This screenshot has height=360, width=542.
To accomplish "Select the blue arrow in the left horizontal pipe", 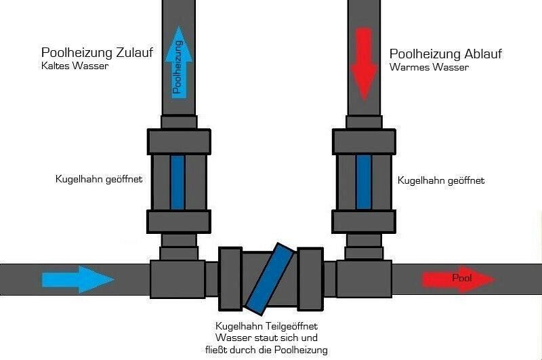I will pos(78,279).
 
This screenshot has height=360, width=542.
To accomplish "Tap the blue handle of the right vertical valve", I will pos(364,181).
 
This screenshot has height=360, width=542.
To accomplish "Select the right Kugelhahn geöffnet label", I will pos(441,180).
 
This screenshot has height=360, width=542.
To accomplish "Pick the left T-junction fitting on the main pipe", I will pos(177,278).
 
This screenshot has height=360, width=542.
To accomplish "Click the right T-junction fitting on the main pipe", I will pos(364,278).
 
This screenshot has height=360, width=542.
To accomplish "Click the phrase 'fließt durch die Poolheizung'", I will pos(271,350).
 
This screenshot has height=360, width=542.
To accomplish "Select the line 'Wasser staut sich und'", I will pos(271,338).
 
